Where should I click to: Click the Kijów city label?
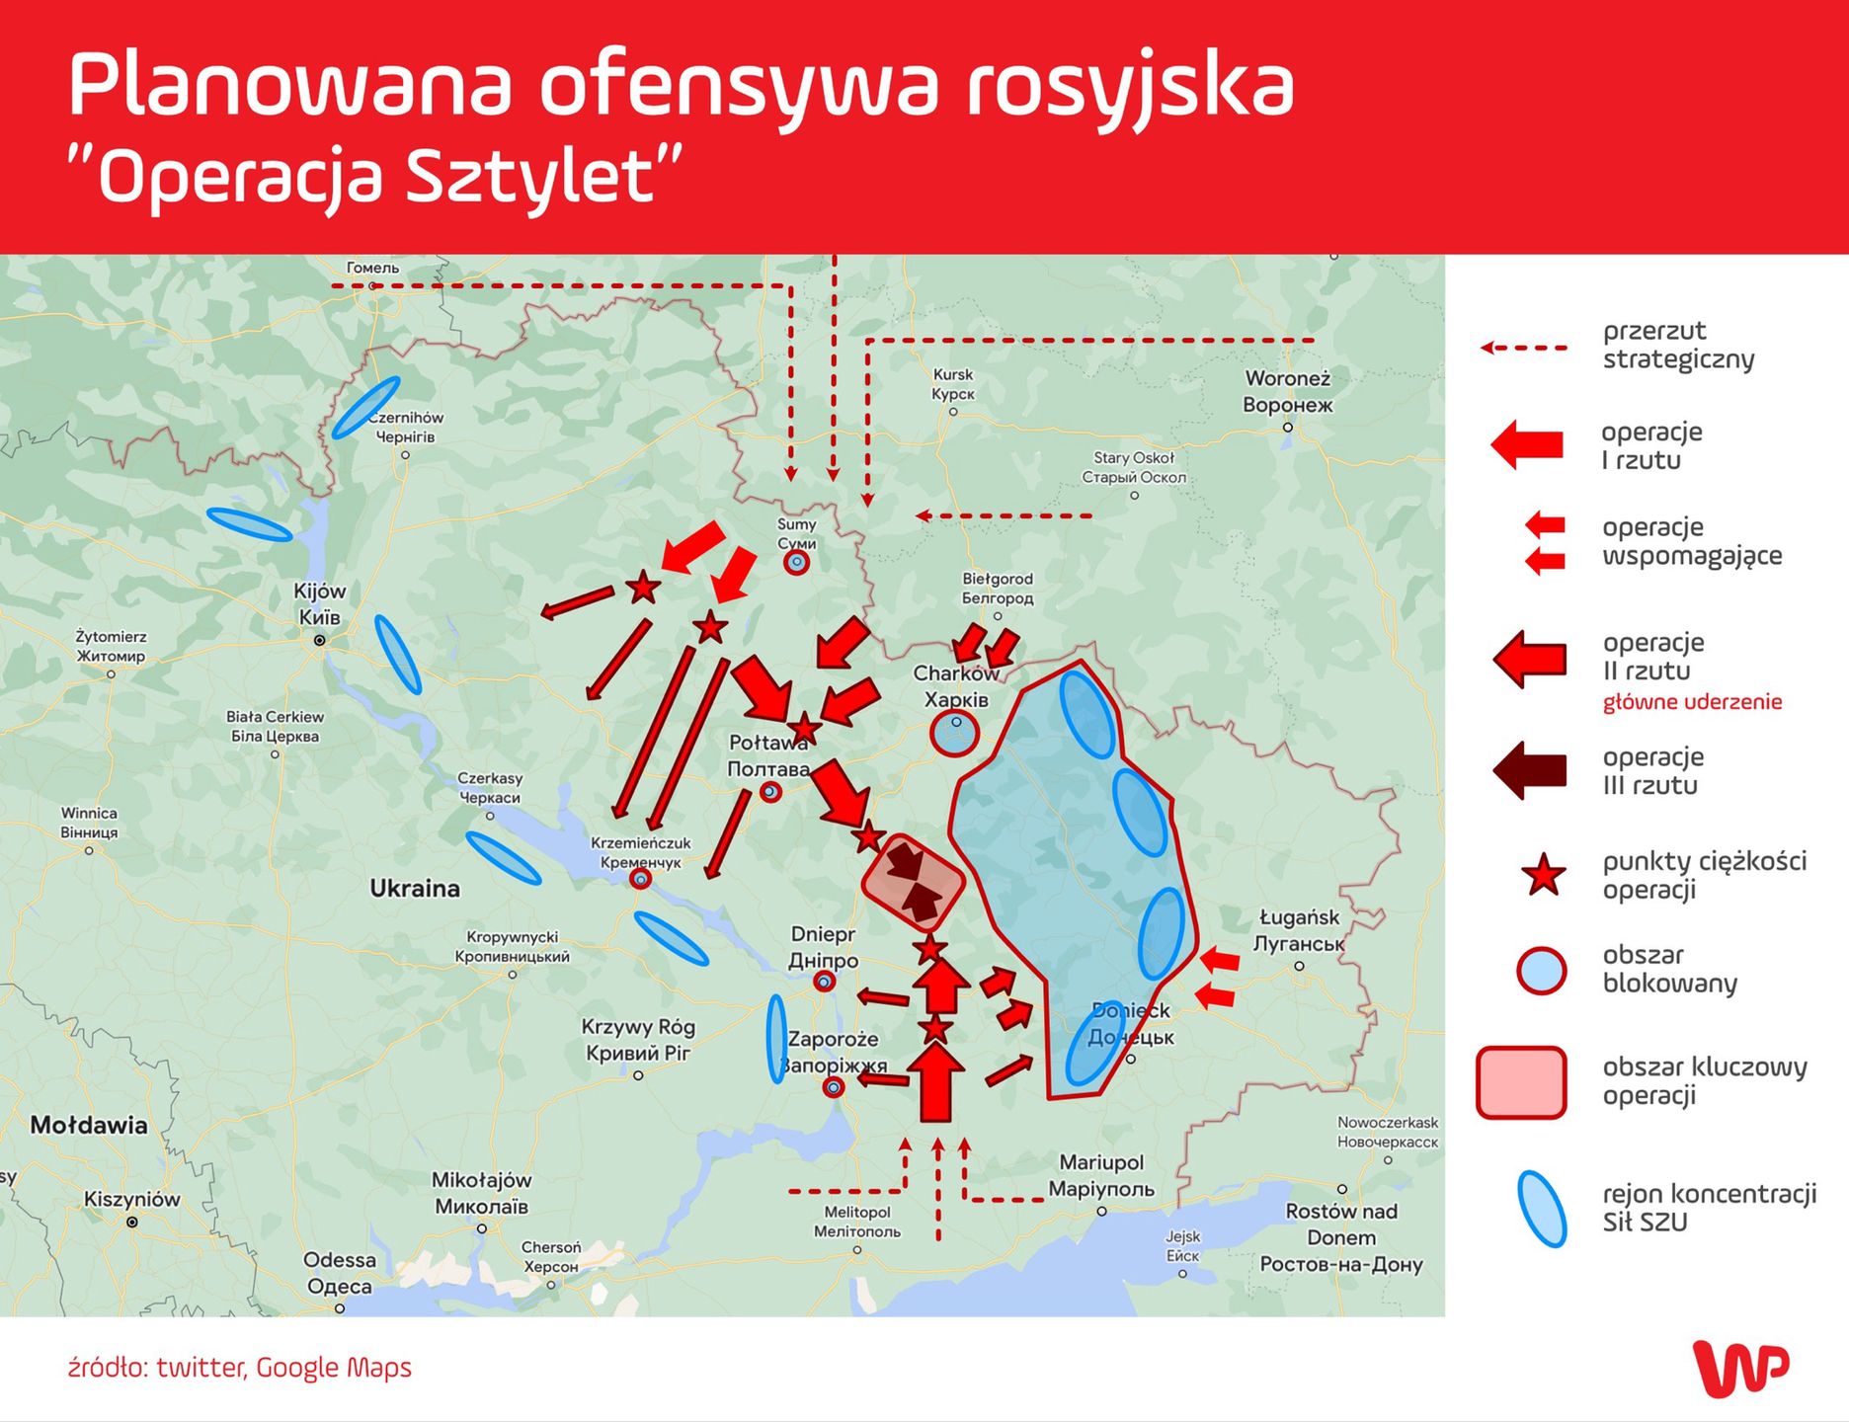click(x=319, y=603)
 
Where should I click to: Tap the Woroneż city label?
click(x=1287, y=391)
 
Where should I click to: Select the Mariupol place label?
click(x=1100, y=1175)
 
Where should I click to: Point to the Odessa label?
click(x=339, y=1273)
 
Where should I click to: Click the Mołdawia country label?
click(x=89, y=1125)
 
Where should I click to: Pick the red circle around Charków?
click(x=954, y=734)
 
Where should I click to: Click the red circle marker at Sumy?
click(x=796, y=563)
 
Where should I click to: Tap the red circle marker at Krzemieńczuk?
click(x=641, y=878)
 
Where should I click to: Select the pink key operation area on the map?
click(x=912, y=882)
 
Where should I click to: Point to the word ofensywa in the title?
click(x=737, y=86)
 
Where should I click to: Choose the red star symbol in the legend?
click(x=1543, y=875)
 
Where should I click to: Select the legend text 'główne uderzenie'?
click(x=1692, y=702)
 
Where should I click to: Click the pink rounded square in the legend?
click(x=1521, y=1082)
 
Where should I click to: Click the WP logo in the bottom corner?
click(x=1740, y=1368)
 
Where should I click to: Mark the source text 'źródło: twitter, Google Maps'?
click(x=240, y=1368)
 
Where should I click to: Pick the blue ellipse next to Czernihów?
click(x=365, y=407)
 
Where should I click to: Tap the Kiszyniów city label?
click(x=131, y=1200)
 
